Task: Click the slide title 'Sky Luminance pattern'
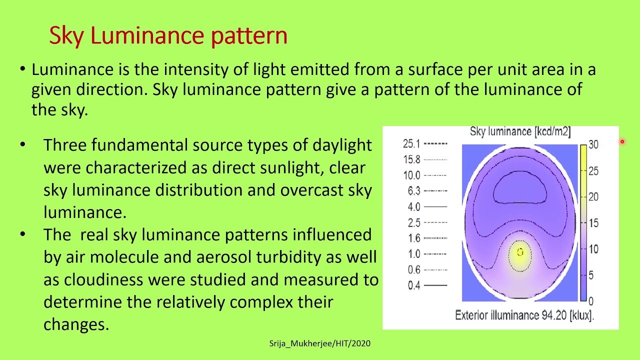[168, 36]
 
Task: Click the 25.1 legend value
[411, 144]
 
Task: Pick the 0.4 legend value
[413, 285]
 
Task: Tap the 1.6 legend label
[413, 238]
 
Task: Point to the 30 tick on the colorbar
[593, 144]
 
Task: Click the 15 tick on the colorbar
[593, 223]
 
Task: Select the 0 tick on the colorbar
[591, 301]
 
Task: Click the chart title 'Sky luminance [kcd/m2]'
[520, 132]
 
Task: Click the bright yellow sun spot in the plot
[520, 252]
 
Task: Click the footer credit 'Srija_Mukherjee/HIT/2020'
[320, 343]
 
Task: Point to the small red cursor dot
[622, 142]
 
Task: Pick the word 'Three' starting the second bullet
[65, 145]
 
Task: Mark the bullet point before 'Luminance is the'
[22, 69]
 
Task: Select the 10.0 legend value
[411, 175]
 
